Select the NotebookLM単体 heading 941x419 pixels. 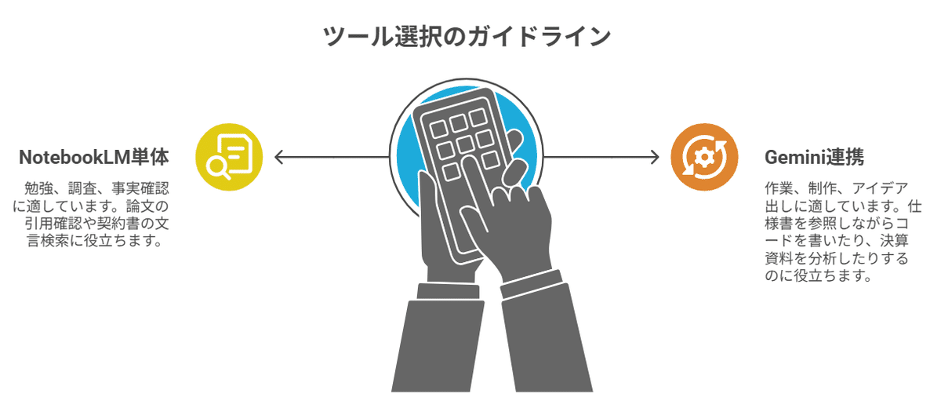pos(93,157)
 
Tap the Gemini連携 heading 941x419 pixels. pos(814,157)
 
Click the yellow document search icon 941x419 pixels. pos(229,158)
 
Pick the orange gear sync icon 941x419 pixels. pos(704,158)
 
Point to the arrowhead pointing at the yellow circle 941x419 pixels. pos(278,158)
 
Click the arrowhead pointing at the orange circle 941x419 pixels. pos(655,158)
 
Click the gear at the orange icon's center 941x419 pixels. pos(704,158)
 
